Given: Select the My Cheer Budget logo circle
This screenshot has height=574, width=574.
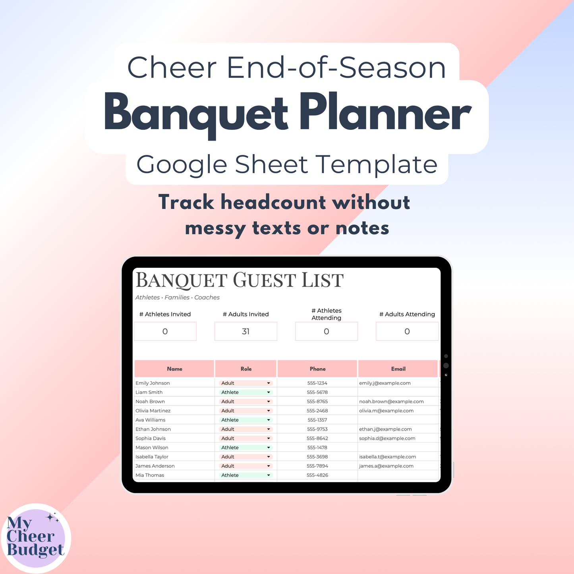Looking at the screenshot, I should pyautogui.click(x=36, y=538).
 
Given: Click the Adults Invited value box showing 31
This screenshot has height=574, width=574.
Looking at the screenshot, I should pyautogui.click(x=245, y=331).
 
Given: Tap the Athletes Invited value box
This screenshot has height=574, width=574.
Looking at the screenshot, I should pyautogui.click(x=165, y=331).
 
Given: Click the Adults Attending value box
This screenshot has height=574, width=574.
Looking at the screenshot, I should pyautogui.click(x=407, y=331).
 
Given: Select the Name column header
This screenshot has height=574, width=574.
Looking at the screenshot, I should pyautogui.click(x=174, y=369).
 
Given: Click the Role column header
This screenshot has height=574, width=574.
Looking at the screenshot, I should pyautogui.click(x=246, y=369).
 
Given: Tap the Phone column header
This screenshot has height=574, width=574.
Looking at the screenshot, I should pyautogui.click(x=317, y=369).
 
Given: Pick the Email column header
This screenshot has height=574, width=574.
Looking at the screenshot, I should pyautogui.click(x=398, y=369).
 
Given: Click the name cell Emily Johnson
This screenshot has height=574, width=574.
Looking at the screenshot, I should pyautogui.click(x=153, y=383).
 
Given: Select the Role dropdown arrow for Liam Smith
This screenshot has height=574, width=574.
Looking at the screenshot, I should pyautogui.click(x=269, y=392).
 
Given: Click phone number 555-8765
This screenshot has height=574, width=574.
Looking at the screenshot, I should pyautogui.click(x=317, y=402).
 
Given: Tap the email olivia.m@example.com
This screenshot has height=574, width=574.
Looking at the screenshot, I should pyautogui.click(x=386, y=411).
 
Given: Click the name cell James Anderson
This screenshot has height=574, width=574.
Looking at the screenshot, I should pyautogui.click(x=155, y=466).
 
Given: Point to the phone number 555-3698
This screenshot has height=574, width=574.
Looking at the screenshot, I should pyautogui.click(x=317, y=457).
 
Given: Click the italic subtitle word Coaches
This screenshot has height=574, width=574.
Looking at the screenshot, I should pyautogui.click(x=207, y=298).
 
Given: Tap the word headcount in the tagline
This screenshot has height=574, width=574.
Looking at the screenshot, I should pyautogui.click(x=273, y=202).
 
